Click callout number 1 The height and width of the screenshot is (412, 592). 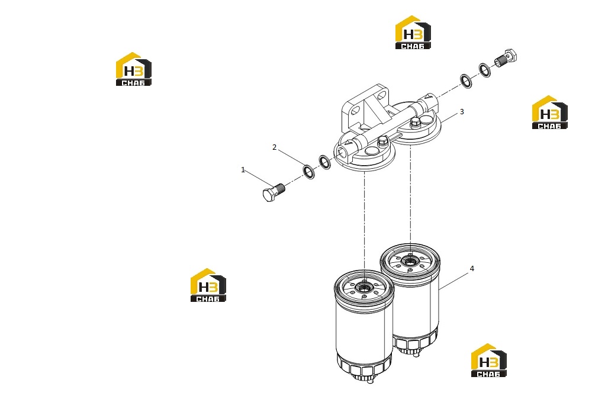[243, 170]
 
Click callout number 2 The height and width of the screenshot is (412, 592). [275, 147]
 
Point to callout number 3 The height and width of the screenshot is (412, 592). [461, 112]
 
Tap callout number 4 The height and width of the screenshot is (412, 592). [472, 269]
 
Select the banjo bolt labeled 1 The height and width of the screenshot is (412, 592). [274, 192]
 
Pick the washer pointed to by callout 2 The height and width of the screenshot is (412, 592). [309, 172]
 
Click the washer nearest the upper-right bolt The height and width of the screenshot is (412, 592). [485, 70]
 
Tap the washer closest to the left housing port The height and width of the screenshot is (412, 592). [324, 162]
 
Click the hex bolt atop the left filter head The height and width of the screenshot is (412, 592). [382, 141]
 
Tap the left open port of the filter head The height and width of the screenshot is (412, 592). [343, 151]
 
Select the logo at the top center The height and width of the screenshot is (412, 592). [413, 33]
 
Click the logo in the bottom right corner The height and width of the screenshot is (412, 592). [489, 360]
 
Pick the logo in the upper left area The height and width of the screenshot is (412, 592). [134, 69]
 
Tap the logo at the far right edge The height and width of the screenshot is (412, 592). [550, 112]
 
